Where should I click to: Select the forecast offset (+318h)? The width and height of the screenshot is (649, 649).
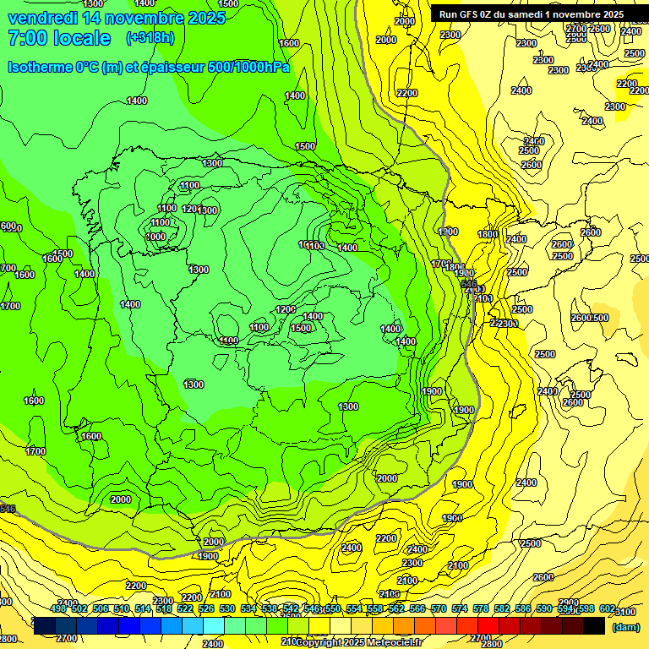click(x=150, y=38)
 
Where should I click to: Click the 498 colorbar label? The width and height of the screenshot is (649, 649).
click(x=58, y=608)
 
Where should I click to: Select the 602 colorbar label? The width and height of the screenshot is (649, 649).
click(x=607, y=608)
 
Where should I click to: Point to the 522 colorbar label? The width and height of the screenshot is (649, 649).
click(x=186, y=608)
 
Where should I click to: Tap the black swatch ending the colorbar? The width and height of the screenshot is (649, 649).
click(x=594, y=626)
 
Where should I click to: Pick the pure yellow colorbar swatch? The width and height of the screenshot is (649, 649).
click(x=319, y=626)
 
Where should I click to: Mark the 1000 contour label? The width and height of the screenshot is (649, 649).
click(x=155, y=237)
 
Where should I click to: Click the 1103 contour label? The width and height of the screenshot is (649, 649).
click(x=314, y=246)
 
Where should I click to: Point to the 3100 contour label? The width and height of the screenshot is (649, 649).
click(x=625, y=612)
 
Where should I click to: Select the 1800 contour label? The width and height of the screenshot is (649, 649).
click(x=488, y=235)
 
